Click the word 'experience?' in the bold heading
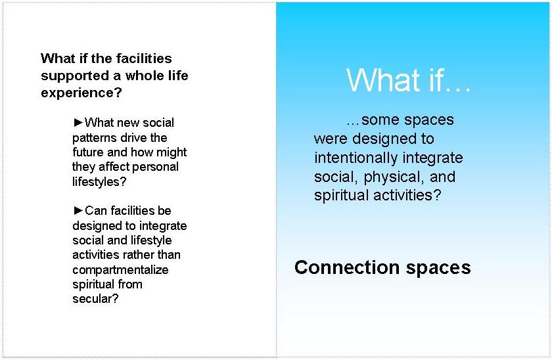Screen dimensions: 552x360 81,93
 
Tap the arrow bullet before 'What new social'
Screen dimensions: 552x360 78,122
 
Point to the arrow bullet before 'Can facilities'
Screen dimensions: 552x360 78,210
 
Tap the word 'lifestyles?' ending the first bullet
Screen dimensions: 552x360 99,181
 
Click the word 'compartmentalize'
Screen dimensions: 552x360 120,270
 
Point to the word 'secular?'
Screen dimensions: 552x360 95,299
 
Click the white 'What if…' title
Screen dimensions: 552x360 408,80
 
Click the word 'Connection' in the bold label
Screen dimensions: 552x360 347,267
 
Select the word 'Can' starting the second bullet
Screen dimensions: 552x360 95,211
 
